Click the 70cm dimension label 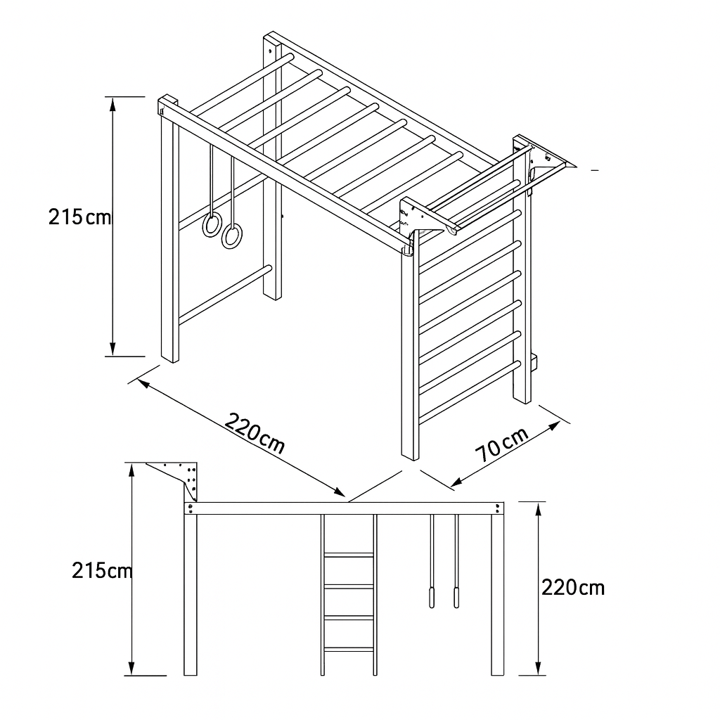click(502, 444)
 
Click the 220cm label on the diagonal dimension click(255, 433)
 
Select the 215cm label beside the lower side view click(102, 571)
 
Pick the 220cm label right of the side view click(573, 587)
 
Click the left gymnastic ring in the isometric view click(212, 224)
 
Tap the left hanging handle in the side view click(432, 597)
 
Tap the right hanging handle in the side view click(456, 597)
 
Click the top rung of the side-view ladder click(349, 555)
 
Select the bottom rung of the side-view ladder click(349, 649)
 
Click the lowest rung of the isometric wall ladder click(470, 392)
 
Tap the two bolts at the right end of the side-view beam click(499, 509)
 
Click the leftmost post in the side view click(191, 595)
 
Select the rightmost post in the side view click(497, 595)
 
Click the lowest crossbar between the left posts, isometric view click(225, 295)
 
